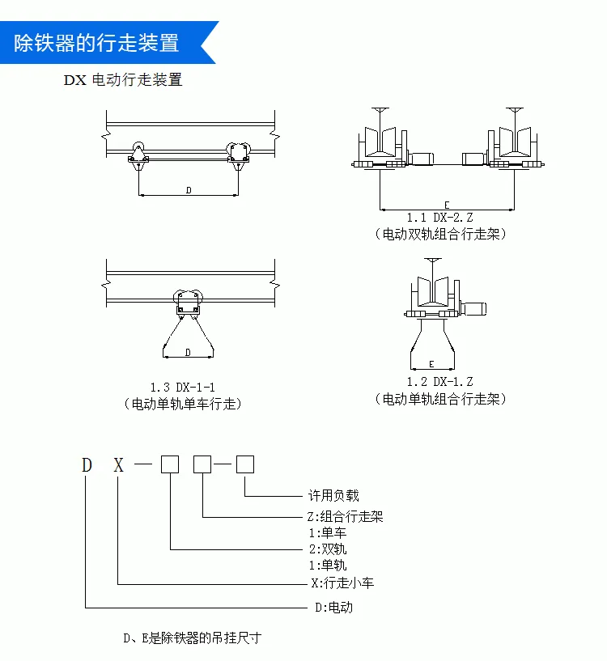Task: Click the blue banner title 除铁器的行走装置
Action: click(x=96, y=43)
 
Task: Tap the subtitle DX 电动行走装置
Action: click(x=123, y=79)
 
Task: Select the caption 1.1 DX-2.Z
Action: click(x=439, y=218)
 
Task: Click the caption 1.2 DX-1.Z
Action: click(x=439, y=382)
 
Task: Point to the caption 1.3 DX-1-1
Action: click(x=183, y=387)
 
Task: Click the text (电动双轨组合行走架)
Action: click(x=440, y=234)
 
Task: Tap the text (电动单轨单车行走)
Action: click(x=183, y=404)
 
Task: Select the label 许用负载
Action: click(x=333, y=495)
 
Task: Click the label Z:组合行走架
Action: click(x=345, y=516)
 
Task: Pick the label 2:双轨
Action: click(x=328, y=549)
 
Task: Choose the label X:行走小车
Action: click(x=342, y=583)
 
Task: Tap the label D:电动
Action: click(x=333, y=608)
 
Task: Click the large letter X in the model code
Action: click(x=118, y=465)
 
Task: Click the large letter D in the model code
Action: click(x=87, y=465)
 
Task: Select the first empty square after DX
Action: click(x=170, y=464)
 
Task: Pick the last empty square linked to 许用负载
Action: click(x=245, y=464)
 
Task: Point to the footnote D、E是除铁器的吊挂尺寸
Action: click(x=193, y=638)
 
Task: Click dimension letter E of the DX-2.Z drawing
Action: click(x=447, y=205)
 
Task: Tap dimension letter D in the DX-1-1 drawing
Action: click(x=188, y=352)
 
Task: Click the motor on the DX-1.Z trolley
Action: click(x=475, y=308)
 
